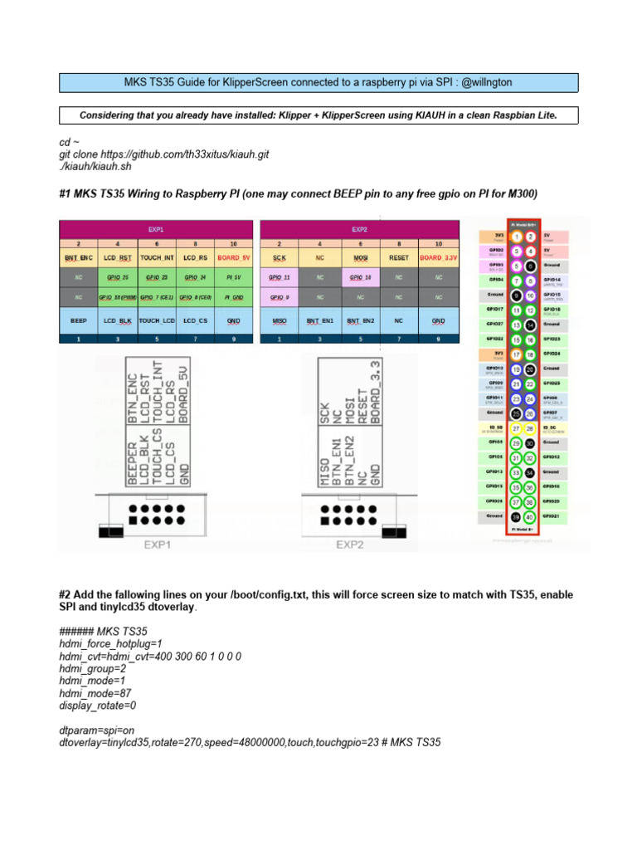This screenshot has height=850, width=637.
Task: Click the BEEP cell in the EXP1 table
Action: pos(78,320)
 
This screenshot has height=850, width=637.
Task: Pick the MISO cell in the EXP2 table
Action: pos(279,320)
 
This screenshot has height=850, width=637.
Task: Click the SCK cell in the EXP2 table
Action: pos(279,258)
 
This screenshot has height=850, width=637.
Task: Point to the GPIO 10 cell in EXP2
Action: pos(360,278)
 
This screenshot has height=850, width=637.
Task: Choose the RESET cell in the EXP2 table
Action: pos(399,258)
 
